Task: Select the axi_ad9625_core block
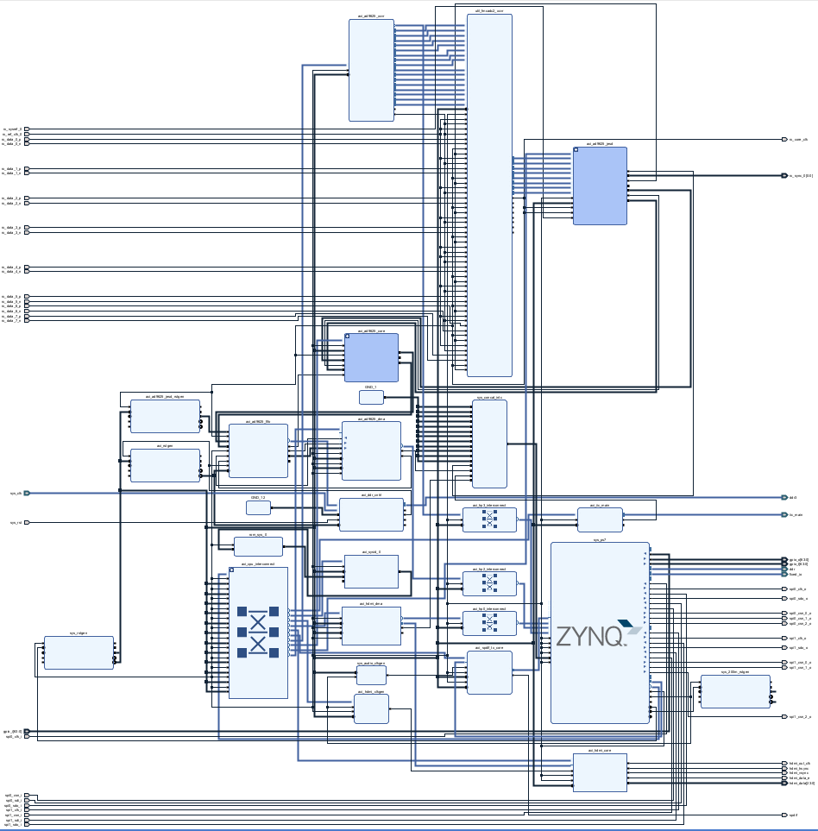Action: point(371,357)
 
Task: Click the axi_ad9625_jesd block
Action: point(600,186)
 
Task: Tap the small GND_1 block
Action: point(371,397)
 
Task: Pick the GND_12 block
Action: point(258,507)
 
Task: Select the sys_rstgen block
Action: point(79,652)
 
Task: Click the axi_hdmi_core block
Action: point(600,771)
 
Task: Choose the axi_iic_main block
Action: point(600,519)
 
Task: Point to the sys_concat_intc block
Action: point(489,444)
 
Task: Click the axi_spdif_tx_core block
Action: point(488,672)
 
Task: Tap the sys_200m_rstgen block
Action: point(735,691)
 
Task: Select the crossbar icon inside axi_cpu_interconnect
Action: point(258,632)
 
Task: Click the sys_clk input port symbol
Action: point(27,493)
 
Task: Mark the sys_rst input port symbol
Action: point(27,522)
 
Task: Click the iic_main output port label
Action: point(796,514)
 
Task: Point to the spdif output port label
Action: point(793,815)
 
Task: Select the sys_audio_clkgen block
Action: point(371,675)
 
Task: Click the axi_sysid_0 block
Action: point(371,571)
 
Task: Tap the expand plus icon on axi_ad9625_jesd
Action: point(576,150)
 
